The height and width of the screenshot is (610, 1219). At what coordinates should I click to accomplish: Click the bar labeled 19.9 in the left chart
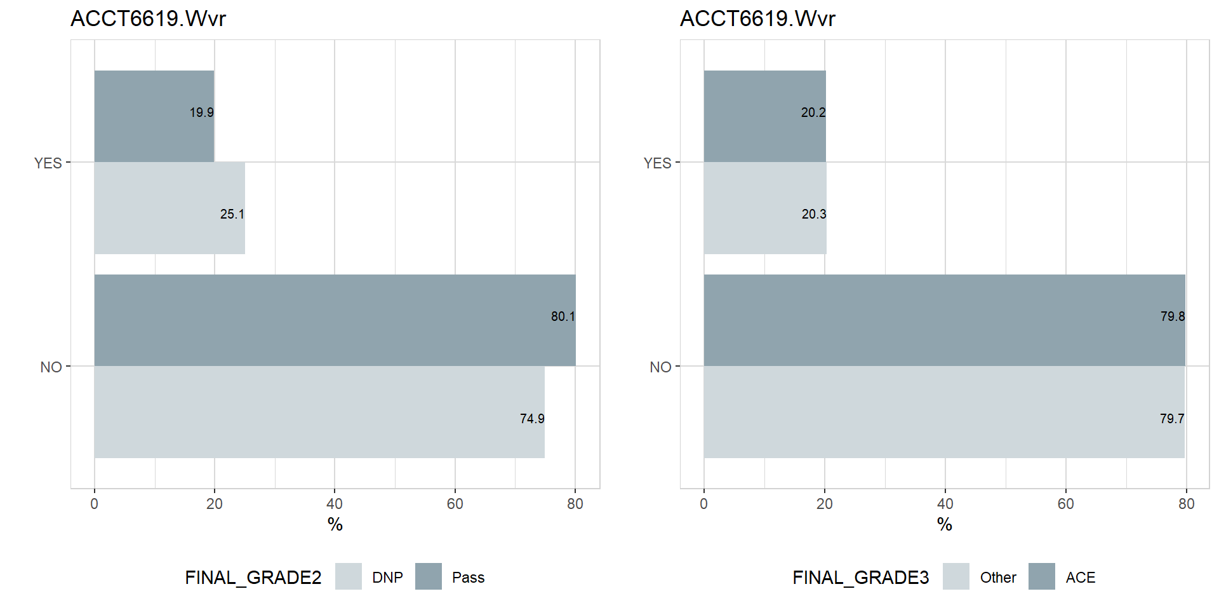point(154,116)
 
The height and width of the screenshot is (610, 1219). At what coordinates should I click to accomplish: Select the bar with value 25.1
point(170,208)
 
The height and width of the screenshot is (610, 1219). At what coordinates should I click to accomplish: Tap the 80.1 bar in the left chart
point(335,320)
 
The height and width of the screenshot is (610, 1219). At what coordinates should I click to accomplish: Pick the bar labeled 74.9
point(319,412)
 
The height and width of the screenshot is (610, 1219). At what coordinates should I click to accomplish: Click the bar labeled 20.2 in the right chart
point(764,116)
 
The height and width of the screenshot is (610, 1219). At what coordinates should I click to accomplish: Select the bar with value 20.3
point(765,208)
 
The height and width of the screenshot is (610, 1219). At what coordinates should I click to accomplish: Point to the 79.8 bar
point(944,320)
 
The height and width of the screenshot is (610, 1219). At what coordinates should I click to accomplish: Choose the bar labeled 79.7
point(943,412)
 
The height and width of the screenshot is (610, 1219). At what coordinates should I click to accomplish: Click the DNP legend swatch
point(349,576)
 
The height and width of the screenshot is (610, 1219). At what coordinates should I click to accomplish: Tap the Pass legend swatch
point(429,576)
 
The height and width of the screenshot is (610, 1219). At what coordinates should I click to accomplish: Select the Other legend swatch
point(956,576)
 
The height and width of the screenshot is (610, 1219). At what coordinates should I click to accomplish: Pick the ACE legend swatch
point(1042,576)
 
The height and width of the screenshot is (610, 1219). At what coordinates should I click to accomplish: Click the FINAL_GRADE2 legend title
point(253,578)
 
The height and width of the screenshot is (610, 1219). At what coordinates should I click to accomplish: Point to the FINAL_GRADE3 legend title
point(860,578)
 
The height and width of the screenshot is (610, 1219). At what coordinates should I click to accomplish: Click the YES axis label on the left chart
point(48,163)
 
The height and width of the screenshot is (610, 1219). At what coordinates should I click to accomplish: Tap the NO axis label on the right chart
point(660,367)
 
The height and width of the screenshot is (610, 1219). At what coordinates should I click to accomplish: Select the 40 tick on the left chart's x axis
point(335,504)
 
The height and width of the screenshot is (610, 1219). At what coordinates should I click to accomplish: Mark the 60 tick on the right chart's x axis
point(1065,504)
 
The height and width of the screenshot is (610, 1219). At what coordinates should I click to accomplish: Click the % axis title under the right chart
point(944,524)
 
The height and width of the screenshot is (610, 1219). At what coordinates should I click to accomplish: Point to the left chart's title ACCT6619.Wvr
point(148,19)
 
